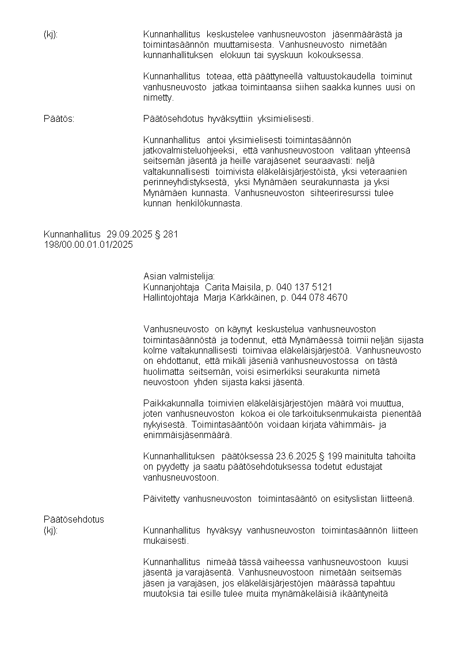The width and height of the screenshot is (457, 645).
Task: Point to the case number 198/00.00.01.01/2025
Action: pos(88,244)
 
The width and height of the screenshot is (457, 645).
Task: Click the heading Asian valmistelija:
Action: pos(179,277)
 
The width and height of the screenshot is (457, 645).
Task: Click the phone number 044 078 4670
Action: pos(323,297)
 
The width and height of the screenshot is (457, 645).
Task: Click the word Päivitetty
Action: pos(162,498)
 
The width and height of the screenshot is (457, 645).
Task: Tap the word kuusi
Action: pos(398,562)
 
